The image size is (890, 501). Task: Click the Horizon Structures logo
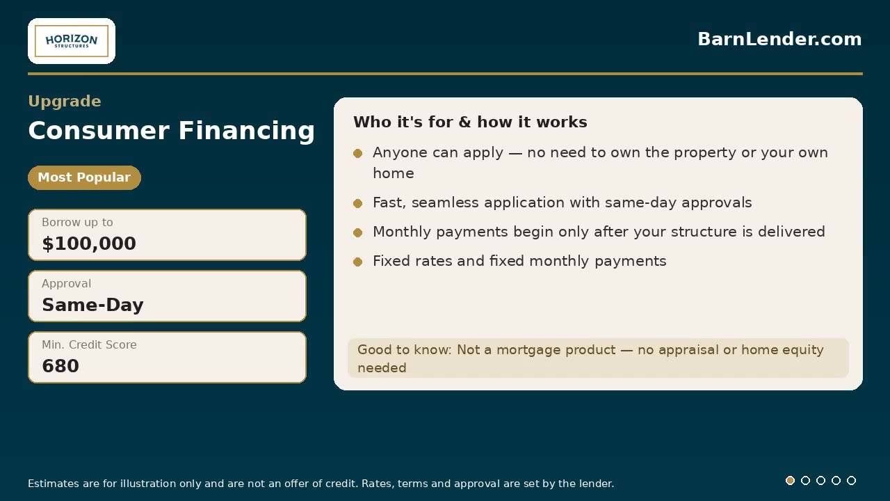click(72, 41)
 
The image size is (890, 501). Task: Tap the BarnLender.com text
click(779, 39)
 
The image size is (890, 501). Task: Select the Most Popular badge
click(84, 177)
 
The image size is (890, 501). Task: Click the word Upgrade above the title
click(65, 101)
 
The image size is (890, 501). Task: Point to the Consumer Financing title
click(171, 130)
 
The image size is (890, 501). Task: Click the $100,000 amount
click(89, 244)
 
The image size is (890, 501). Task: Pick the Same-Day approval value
click(92, 305)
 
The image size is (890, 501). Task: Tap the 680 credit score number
click(60, 366)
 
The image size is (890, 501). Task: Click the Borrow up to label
click(77, 222)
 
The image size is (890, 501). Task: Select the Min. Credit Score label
click(89, 344)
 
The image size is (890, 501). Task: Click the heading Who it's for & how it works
click(470, 122)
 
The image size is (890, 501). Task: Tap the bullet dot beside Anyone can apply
click(357, 153)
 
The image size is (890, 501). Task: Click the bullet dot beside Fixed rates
click(357, 262)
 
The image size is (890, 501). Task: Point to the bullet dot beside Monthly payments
click(357, 232)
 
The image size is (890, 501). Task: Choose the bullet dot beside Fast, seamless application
click(357, 203)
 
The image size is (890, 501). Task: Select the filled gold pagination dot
click(791, 480)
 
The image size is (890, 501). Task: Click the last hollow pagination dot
click(851, 480)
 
